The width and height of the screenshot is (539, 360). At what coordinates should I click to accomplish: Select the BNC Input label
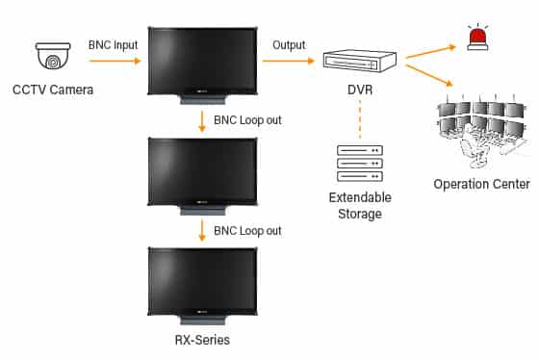pos(114,45)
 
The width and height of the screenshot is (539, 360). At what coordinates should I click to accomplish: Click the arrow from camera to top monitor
pos(114,62)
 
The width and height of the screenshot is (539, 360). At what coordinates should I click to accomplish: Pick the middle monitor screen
pos(200,168)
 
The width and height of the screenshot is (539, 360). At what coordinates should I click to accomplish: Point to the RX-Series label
pos(200,340)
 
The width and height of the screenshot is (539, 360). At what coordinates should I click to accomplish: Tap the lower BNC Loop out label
pos(248,231)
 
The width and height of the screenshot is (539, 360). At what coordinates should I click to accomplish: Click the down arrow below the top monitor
pos(201,122)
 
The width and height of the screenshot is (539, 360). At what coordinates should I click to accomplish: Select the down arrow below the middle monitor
pos(201,231)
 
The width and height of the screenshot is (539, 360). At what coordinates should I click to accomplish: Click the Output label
pos(288,45)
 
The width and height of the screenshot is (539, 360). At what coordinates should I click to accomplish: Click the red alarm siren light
pos(476,39)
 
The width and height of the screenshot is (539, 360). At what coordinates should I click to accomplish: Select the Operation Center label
pos(481,184)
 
